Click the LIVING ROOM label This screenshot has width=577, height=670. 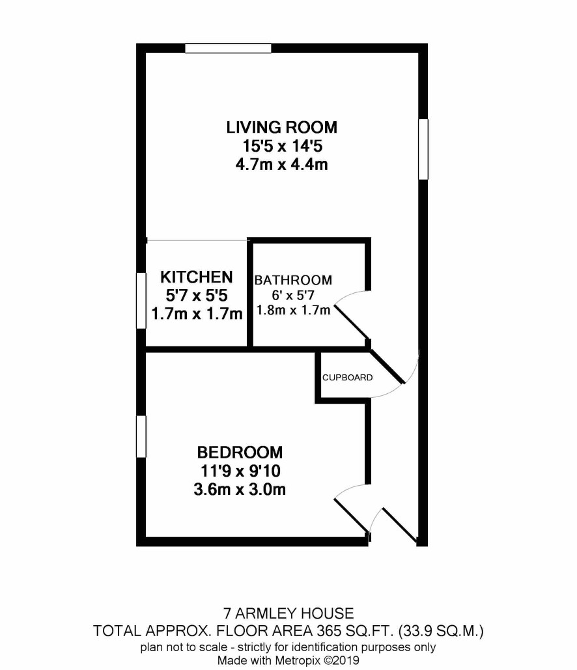click(x=281, y=128)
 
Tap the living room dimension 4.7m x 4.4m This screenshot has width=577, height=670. click(x=281, y=164)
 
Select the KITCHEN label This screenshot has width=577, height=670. click(x=197, y=277)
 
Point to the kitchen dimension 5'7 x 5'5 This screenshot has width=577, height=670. click(x=197, y=295)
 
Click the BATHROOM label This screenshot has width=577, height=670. click(x=293, y=280)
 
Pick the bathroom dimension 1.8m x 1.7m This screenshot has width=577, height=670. click(x=293, y=310)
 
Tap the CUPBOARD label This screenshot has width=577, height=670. click(x=348, y=377)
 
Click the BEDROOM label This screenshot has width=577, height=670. click(x=240, y=452)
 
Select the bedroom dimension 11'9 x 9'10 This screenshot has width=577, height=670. click(x=240, y=471)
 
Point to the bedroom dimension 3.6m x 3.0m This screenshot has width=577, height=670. click(x=240, y=489)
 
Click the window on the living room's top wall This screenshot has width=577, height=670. click(x=228, y=48)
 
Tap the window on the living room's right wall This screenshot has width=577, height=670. click(x=423, y=149)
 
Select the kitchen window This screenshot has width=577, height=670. click(x=141, y=301)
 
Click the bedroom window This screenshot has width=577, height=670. click(x=141, y=437)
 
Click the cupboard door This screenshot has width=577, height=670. click(x=387, y=367)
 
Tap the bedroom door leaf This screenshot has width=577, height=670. click(x=351, y=516)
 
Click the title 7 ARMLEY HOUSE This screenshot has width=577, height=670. click(x=288, y=613)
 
